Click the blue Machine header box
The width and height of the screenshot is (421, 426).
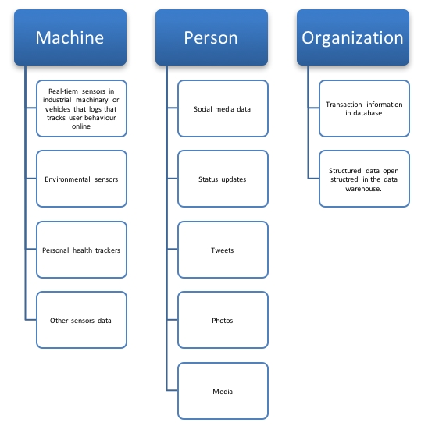point(70,37)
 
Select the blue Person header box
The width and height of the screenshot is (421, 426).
point(211,37)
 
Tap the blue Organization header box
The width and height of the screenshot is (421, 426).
point(352,37)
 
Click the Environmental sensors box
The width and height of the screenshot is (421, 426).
point(81,179)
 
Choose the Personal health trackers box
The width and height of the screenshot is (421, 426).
point(81,250)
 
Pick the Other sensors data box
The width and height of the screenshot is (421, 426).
point(81,320)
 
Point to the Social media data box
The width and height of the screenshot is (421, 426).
point(223,108)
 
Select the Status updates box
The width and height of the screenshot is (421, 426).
point(223,179)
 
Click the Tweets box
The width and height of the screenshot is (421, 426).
point(223,250)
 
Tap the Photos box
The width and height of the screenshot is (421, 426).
point(223,320)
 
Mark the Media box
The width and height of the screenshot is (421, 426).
point(223,391)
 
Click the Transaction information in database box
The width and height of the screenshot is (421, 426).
point(364,108)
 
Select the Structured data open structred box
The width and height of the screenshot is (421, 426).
point(364,179)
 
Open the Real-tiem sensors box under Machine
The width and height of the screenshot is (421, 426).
point(81,108)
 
